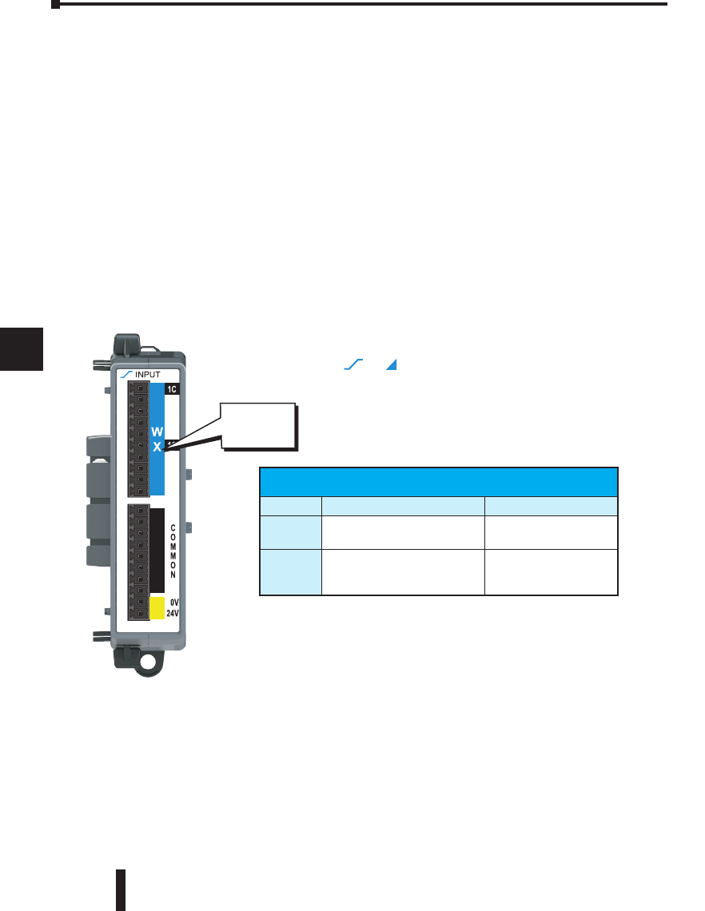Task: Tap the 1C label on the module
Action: pyautogui.click(x=172, y=390)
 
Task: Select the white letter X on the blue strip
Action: pyautogui.click(x=157, y=448)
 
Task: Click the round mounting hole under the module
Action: pyautogui.click(x=148, y=662)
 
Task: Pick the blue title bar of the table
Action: pyautogui.click(x=439, y=481)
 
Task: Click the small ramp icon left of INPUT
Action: pyautogui.click(x=125, y=373)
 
